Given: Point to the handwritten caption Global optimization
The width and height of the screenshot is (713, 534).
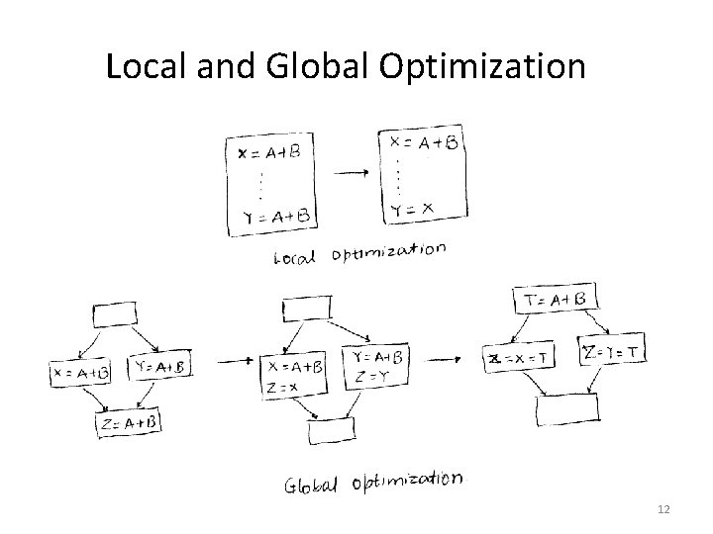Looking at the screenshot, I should point(372,482).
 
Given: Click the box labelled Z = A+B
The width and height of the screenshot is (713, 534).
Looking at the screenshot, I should point(128,423).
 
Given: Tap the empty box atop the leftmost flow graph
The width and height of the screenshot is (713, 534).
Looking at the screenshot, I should point(113,313).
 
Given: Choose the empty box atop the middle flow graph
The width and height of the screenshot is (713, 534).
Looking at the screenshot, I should point(305,309).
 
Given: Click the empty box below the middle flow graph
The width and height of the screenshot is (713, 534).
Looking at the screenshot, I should point(329,431).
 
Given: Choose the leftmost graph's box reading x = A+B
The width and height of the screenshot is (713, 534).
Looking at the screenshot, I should point(79,373).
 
